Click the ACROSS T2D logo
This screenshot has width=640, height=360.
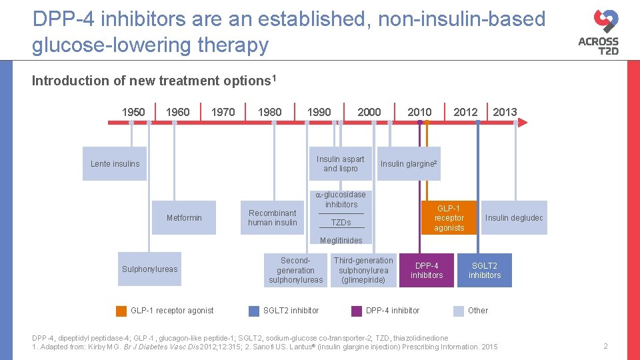pos(598,32)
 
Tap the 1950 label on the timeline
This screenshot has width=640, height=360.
pos(133,111)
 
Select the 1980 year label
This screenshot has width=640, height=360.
pos(269,111)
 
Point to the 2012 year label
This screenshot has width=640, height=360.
pos(465,111)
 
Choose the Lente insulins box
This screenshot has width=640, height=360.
pos(115,164)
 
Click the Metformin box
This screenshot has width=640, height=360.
pos(184,218)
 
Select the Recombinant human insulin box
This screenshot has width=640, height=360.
pos(272,218)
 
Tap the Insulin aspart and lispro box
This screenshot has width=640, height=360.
pos(341,164)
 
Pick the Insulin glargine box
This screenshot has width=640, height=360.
pos(409,164)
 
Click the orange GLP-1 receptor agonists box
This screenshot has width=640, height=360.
pos(449,218)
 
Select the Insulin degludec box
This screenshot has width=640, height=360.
pos(514,218)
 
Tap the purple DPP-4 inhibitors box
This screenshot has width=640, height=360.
pos(427,270)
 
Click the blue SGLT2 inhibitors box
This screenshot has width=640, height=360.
pos(485,270)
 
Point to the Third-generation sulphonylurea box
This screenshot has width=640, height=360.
pos(363,270)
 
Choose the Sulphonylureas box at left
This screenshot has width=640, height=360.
pos(150,269)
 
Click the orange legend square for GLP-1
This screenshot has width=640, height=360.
pos(121,311)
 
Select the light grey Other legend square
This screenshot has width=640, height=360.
pos(459,311)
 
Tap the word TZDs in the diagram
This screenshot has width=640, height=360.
pos(341,223)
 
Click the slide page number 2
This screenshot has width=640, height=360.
pos(605,346)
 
